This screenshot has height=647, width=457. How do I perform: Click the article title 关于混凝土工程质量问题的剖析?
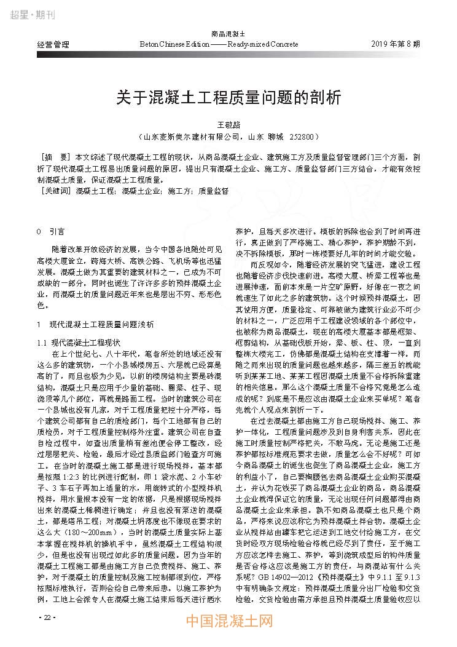coord(228,97)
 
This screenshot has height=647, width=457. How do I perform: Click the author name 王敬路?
coord(228,124)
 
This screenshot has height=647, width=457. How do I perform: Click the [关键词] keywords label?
coord(55,191)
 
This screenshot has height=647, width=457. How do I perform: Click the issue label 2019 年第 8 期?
coord(396,45)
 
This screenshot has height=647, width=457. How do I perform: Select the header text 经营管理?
coord(53,45)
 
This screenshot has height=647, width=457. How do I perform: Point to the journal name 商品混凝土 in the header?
coord(228,34)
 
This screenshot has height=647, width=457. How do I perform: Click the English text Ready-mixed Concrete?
coord(262,45)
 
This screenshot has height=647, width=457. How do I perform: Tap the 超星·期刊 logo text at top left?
coord(30,14)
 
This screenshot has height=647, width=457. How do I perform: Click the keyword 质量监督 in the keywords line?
coord(213,191)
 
